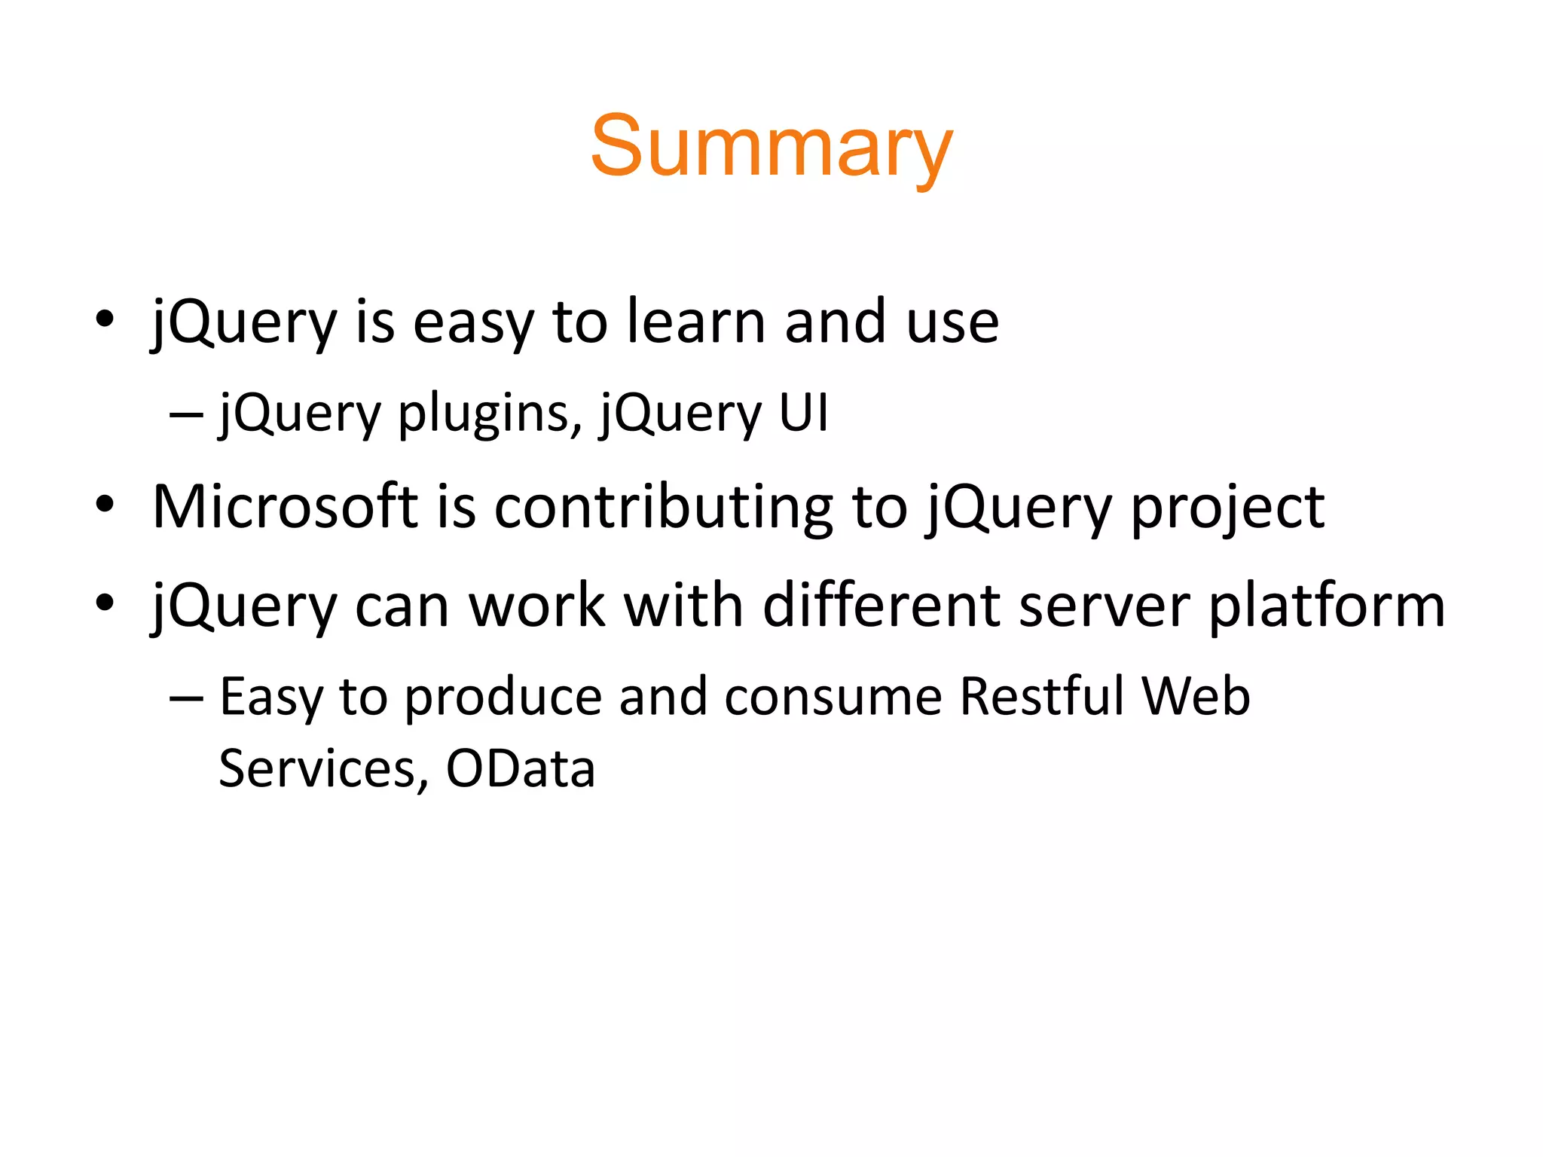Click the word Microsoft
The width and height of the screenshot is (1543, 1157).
point(285,507)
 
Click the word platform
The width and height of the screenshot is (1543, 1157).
point(1327,606)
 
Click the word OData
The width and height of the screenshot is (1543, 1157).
point(521,769)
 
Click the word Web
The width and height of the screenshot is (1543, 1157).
point(1196,697)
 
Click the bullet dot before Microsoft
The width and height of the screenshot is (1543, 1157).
point(105,505)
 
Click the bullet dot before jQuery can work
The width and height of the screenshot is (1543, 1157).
point(105,603)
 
